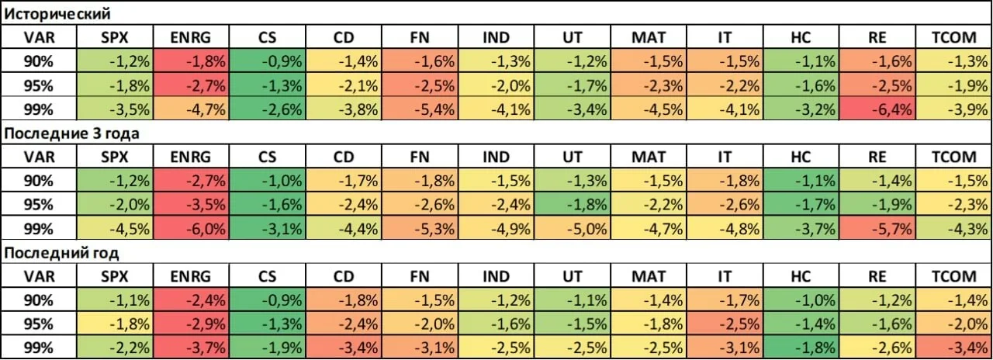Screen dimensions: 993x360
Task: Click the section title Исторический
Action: pos(57,14)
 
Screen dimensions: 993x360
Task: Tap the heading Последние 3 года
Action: pos(71,133)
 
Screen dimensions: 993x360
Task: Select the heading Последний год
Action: pos(61,253)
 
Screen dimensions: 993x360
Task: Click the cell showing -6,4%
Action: pos(877,109)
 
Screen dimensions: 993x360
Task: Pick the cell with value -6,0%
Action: pos(191,228)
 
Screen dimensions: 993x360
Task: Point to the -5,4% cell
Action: pos(420,109)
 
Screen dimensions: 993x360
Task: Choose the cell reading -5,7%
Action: pos(877,228)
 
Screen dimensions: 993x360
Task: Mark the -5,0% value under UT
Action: pos(573,228)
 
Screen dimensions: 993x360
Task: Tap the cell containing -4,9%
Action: pos(496,228)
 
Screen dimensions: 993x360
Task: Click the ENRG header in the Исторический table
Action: pos(191,37)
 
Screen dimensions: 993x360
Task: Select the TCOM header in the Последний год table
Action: pos(954,276)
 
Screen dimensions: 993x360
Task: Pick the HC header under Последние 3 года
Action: pos(801,157)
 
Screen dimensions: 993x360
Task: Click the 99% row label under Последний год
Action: pos(39,348)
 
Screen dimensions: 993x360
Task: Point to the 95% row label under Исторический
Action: pos(39,85)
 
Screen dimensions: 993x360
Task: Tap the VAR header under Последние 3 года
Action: pos(39,157)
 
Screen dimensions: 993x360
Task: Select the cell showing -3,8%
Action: pos(344,109)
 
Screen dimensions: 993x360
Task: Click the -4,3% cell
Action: pos(954,228)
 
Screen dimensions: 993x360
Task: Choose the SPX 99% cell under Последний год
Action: pos(115,348)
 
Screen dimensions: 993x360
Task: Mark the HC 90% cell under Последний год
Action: pos(801,300)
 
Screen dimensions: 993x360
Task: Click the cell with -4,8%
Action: pos(725,228)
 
